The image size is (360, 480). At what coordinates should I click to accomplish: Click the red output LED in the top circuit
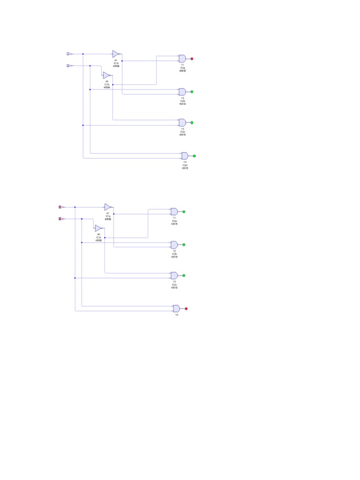(x=192, y=59)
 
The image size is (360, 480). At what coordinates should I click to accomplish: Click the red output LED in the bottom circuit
(x=186, y=308)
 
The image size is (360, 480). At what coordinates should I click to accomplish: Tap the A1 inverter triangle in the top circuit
(x=116, y=54)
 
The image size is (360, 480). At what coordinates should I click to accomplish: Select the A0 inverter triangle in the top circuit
(x=107, y=75)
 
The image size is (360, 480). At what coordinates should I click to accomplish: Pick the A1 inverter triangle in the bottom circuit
(x=108, y=207)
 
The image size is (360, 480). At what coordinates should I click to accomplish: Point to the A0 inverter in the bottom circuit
(x=98, y=228)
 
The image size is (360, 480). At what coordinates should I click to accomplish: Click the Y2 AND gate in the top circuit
(x=182, y=91)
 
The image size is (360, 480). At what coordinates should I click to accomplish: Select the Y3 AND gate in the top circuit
(x=182, y=122)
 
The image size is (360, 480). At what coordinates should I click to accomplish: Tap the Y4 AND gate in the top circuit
(x=185, y=156)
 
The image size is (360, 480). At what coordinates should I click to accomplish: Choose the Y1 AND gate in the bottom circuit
(x=174, y=211)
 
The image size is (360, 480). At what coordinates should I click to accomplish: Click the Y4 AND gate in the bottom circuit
(x=176, y=308)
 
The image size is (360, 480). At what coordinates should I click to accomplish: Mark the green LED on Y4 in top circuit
(x=195, y=156)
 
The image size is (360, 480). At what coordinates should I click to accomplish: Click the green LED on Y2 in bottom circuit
(x=184, y=245)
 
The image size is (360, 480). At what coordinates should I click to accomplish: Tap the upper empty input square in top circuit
(x=68, y=54)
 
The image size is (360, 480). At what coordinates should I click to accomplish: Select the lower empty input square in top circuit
(x=68, y=66)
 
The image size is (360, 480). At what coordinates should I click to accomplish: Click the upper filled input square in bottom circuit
(x=60, y=207)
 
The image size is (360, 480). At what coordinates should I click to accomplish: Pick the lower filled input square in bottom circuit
(x=60, y=219)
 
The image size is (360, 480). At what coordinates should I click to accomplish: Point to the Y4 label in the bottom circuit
(x=177, y=315)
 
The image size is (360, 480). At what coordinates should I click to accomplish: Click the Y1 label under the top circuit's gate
(x=182, y=65)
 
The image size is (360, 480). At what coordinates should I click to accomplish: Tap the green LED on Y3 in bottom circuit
(x=184, y=276)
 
